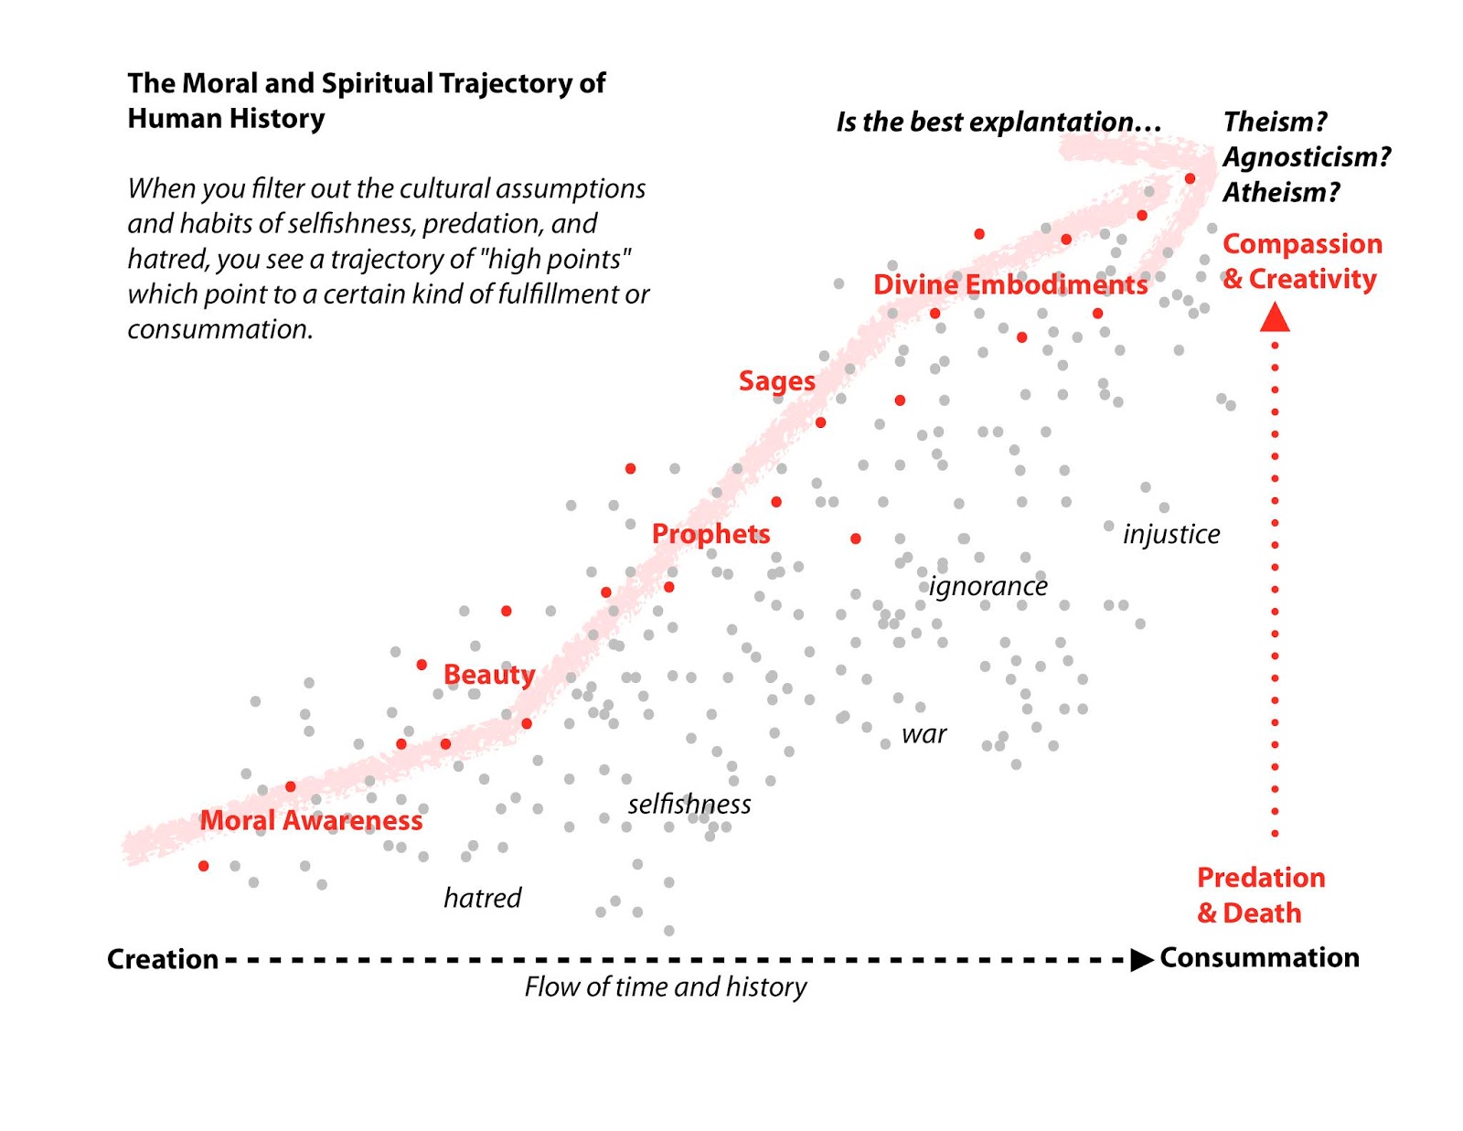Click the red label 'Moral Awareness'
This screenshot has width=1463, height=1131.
pos(311,820)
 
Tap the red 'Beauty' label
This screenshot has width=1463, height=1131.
pos(488,675)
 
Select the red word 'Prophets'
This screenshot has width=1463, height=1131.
pos(710,534)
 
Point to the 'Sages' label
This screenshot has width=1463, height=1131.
pos(776,380)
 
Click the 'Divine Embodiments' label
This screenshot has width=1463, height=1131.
pos(1009,284)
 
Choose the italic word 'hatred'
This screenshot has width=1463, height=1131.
pos(482,898)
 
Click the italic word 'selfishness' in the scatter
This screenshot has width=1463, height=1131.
pos(689,805)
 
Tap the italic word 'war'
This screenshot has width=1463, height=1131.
pos(924,734)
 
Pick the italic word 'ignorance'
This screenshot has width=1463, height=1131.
pos(988,586)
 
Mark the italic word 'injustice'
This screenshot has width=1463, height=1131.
pos(1170,534)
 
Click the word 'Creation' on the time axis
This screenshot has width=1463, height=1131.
pos(163,959)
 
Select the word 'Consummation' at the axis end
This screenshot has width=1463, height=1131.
pos(1259,957)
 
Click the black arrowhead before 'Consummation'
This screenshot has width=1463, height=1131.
pos(1141,959)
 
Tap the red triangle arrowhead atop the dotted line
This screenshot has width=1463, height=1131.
pos(1275,316)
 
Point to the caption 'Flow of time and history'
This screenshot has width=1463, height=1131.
pos(666,987)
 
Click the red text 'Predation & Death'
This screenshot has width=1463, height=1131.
pos(1259,895)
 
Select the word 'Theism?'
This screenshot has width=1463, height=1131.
pos(1275,122)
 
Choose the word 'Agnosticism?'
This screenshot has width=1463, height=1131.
pos(1307,157)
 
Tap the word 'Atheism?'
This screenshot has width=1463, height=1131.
pos(1281,192)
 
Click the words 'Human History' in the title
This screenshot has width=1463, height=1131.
pos(226,119)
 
